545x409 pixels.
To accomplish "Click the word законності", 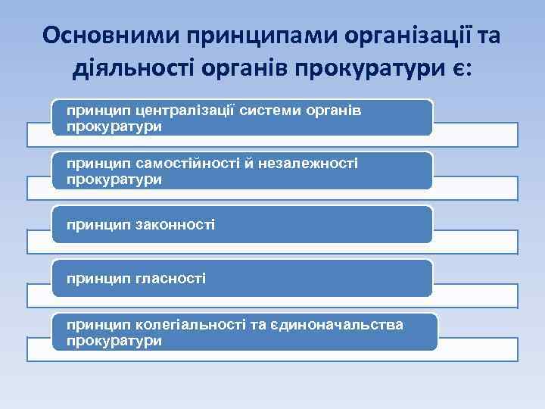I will (174, 224).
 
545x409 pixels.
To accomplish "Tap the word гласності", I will (170, 279).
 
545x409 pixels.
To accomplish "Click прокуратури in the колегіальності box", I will (114, 341).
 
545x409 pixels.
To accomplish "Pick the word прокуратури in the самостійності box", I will (114, 180).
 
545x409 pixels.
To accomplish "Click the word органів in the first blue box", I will (334, 110).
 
